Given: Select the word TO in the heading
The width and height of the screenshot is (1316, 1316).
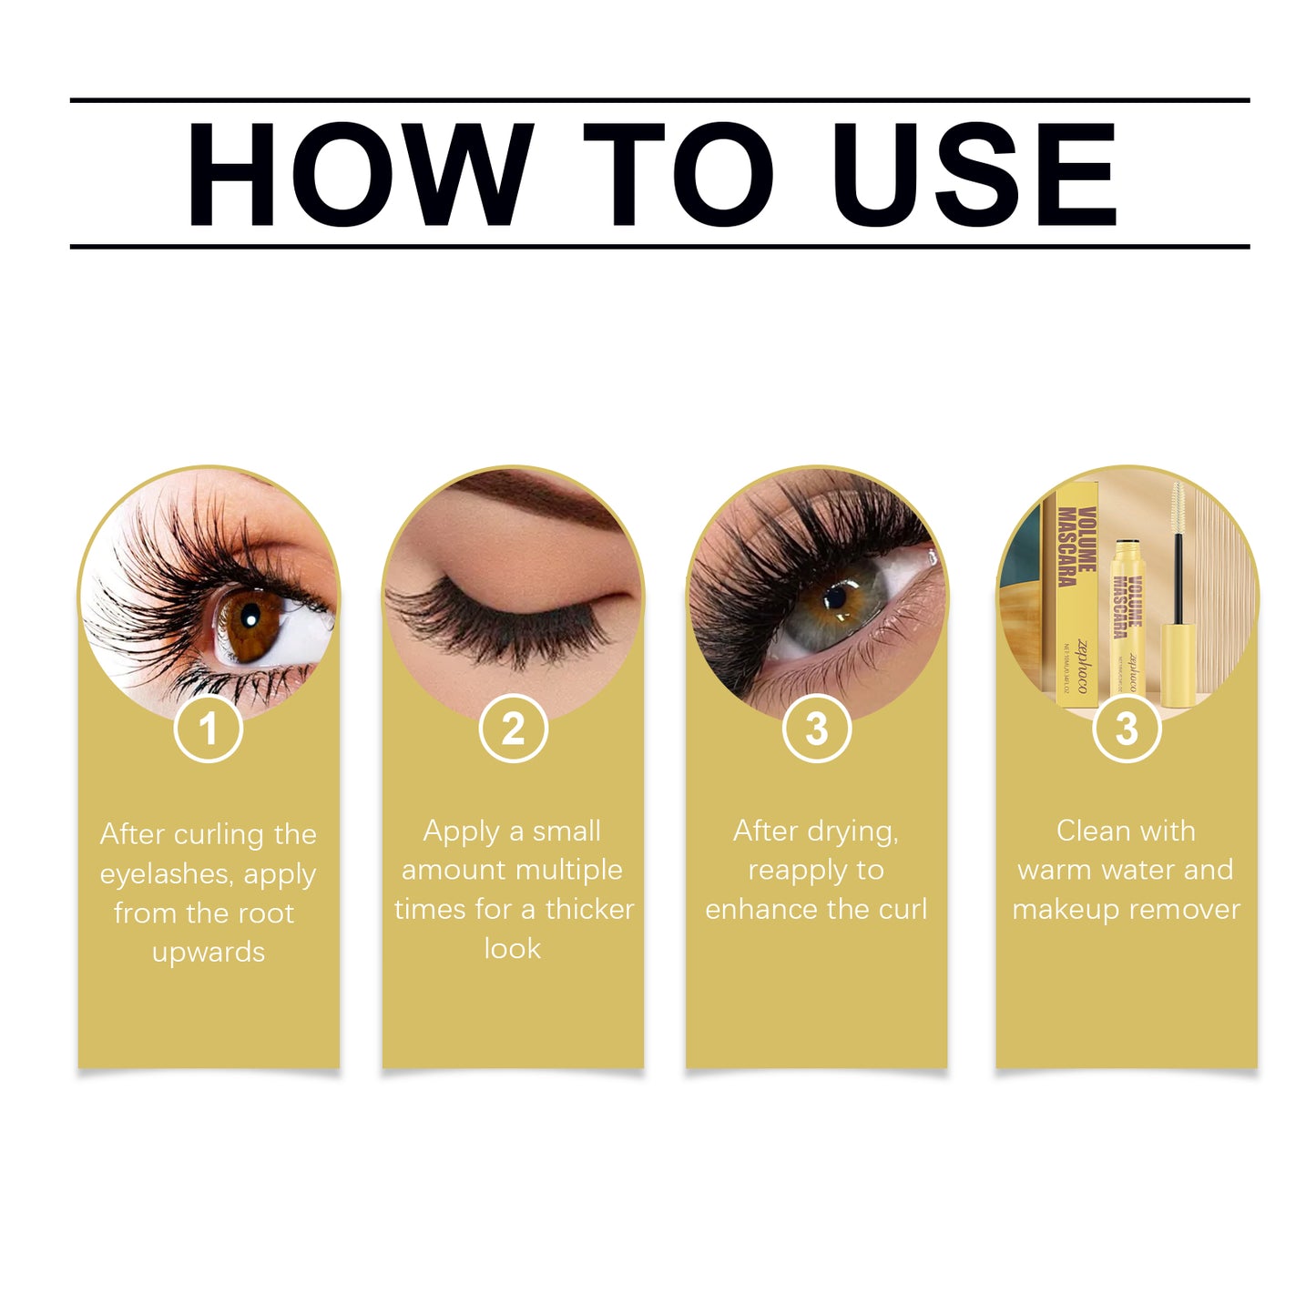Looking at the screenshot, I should pyautogui.click(x=678, y=175).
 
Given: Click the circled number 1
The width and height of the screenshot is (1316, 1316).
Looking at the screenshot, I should pyautogui.click(x=209, y=729).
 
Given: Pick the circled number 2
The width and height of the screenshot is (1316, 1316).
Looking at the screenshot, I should pyautogui.click(x=513, y=729).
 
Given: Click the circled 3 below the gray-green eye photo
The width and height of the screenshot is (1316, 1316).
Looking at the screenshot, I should pyautogui.click(x=816, y=729).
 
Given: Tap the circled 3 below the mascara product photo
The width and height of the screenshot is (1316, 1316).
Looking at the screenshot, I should pyautogui.click(x=1127, y=729).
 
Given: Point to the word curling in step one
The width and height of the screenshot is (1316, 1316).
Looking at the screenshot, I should pyautogui.click(x=219, y=835).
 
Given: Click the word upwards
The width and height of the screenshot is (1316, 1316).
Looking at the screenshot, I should pyautogui.click(x=209, y=953).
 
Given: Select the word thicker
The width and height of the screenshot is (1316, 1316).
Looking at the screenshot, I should pyautogui.click(x=589, y=910).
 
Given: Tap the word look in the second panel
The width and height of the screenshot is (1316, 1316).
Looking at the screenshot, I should pyautogui.click(x=512, y=949).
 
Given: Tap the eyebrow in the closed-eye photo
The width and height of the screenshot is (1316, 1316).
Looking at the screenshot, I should pyautogui.click(x=537, y=496).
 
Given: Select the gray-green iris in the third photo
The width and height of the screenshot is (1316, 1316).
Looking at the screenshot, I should pyautogui.click(x=838, y=601).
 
